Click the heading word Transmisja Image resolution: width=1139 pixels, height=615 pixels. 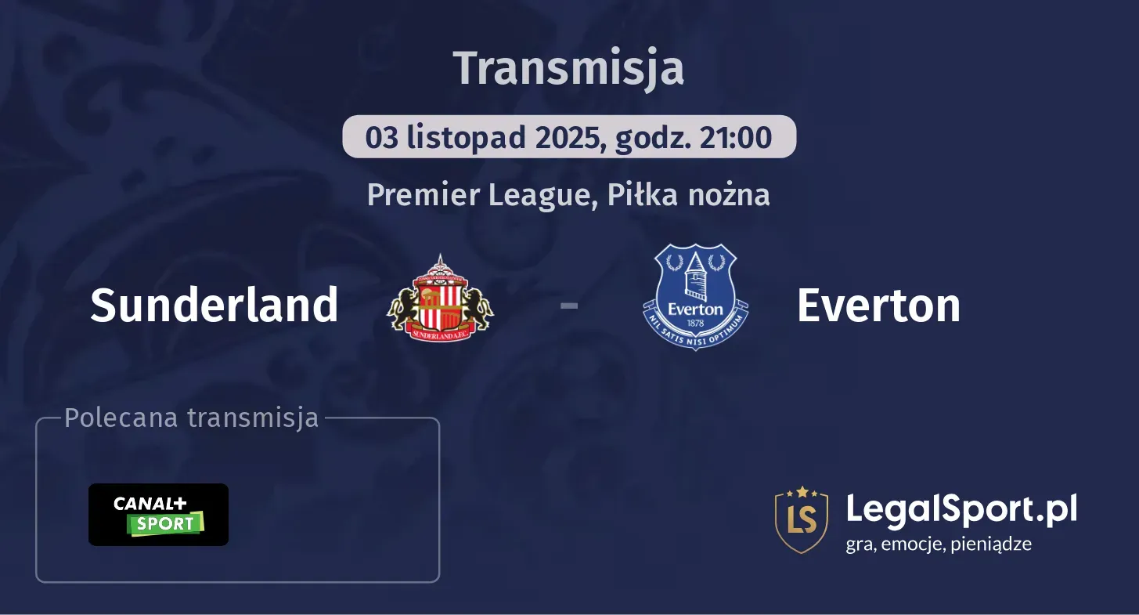tap(568, 68)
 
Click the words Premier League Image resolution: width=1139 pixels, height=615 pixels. tap(477, 195)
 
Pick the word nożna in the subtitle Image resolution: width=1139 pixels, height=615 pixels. tap(729, 195)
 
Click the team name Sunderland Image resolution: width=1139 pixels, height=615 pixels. tap(214, 305)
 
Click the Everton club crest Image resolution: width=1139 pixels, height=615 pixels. tap(695, 296)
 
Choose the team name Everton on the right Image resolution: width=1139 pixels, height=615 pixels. tap(878, 305)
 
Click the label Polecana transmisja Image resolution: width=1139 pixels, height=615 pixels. tap(192, 418)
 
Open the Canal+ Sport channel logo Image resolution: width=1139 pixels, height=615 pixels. tap(158, 515)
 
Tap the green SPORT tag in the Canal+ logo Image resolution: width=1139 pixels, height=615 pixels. tap(165, 524)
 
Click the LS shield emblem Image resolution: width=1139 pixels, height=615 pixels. tap(801, 519)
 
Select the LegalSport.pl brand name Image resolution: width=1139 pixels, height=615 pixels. tap(961, 509)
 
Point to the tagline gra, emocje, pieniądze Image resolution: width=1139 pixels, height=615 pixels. tap(939, 544)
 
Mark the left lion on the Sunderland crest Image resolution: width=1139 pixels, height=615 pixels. tap(405, 307)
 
